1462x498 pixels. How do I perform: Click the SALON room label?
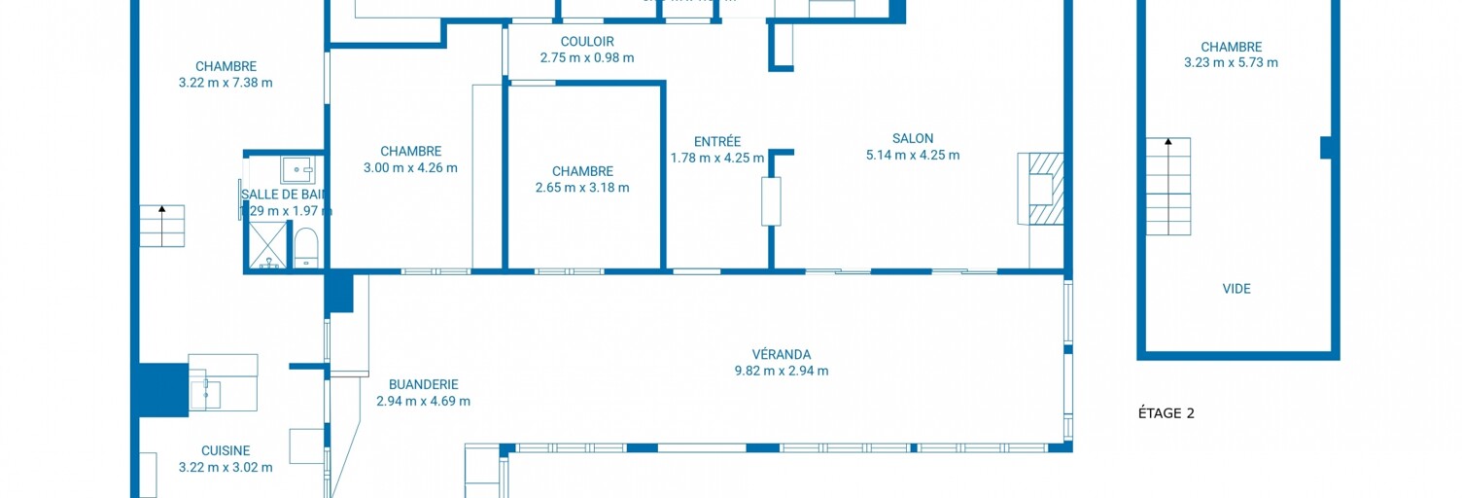tap(913, 138)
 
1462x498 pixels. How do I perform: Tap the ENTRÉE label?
tap(717, 141)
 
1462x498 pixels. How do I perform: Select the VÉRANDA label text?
tap(781, 354)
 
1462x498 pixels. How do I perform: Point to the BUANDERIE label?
tap(423, 384)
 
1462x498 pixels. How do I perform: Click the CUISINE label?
tap(226, 450)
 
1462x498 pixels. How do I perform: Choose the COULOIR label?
tap(587, 41)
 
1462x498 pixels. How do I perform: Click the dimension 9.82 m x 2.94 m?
tap(781, 371)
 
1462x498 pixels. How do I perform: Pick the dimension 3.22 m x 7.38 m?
tap(226, 83)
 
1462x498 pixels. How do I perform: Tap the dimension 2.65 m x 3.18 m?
tap(582, 188)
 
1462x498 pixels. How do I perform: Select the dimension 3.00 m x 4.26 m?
tap(410, 167)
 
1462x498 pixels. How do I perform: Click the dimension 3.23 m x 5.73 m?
tap(1231, 62)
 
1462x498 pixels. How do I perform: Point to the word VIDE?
tap(1236, 289)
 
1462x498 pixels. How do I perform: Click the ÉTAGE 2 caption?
tap(1166, 413)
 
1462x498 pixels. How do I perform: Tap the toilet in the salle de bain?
tap(306, 247)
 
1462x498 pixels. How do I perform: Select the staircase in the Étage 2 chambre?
tap(1167, 186)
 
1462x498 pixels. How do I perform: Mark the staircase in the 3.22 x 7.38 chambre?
tap(161, 226)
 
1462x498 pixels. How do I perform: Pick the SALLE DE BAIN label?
tap(284, 194)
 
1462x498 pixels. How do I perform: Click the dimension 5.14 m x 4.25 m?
tap(913, 155)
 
